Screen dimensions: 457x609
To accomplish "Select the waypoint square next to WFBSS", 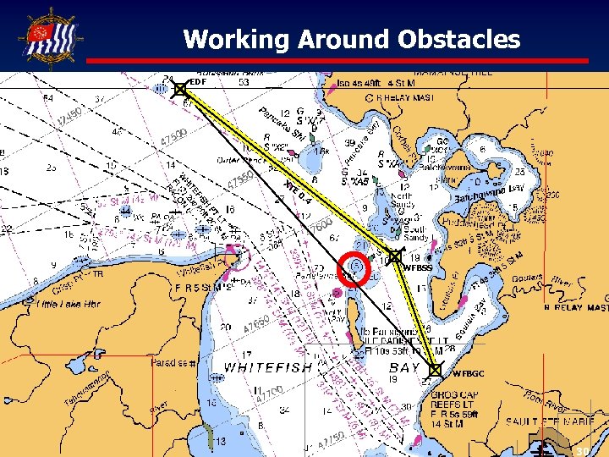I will [x=395, y=255].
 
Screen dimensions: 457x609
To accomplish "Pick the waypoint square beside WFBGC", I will [x=436, y=370].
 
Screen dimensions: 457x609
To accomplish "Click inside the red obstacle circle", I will [x=356, y=267].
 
